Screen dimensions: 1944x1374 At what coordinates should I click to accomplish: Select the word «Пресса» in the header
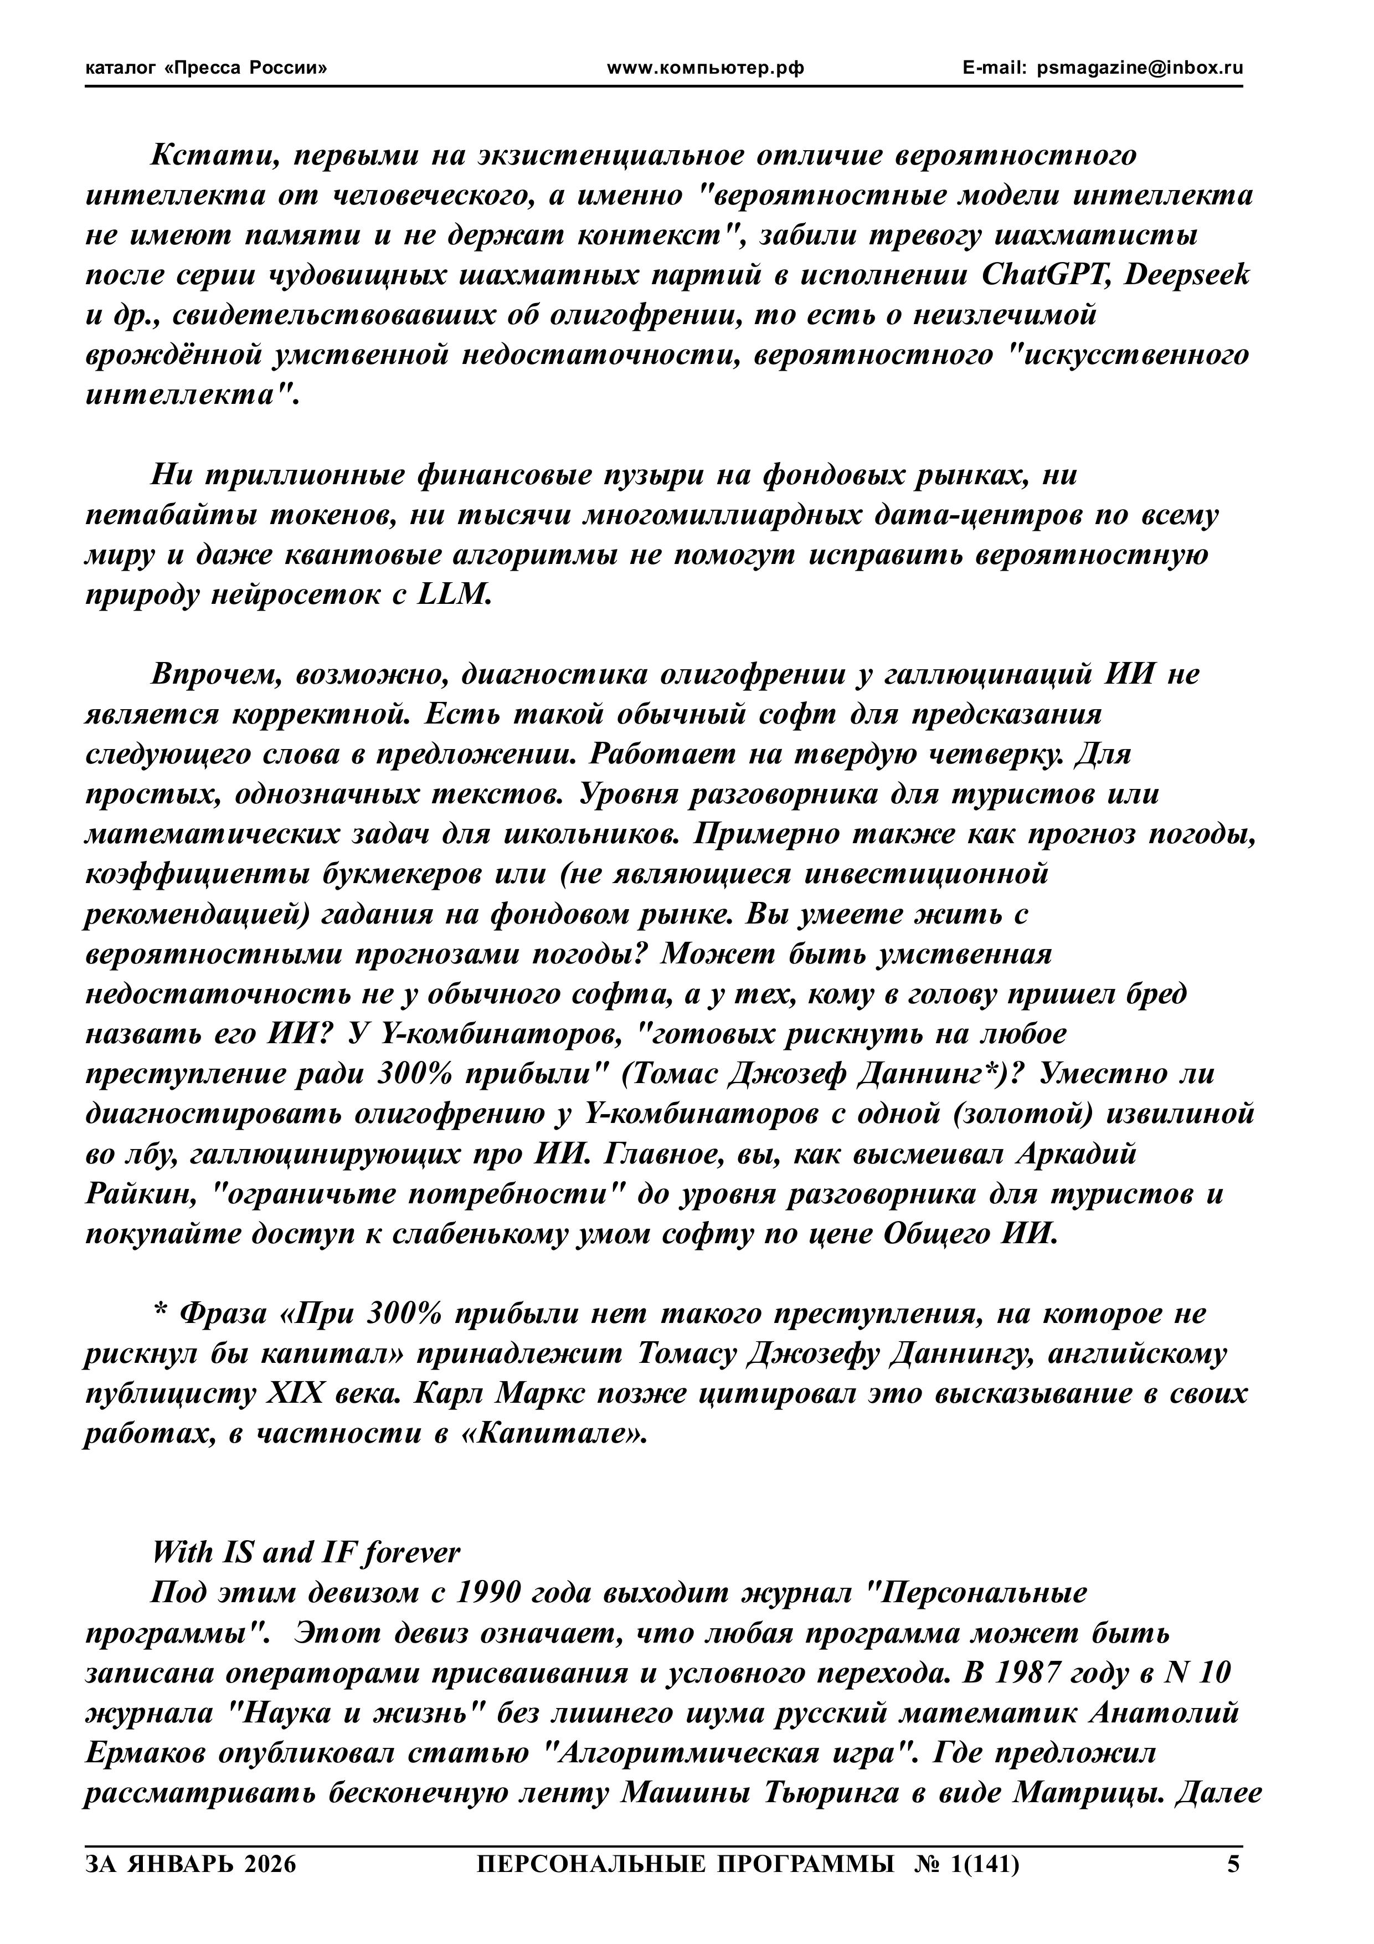pyautogui.click(x=205, y=69)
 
